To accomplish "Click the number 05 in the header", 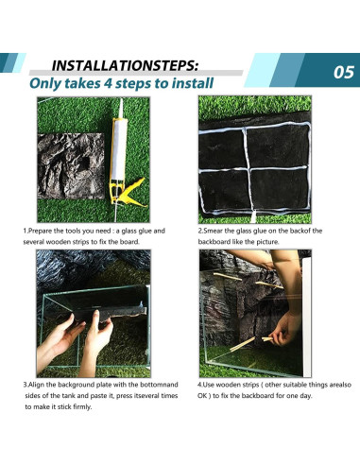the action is pos(344,72).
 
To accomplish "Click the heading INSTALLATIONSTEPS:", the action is pos(126,66).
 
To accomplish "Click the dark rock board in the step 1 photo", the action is pos(71,166).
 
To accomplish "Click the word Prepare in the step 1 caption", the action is pos(41,231).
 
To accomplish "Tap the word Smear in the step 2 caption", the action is pos(212,231).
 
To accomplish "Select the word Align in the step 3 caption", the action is pos(37,385).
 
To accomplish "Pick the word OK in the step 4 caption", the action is pos(202,396).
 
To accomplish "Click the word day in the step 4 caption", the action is pos(306,396).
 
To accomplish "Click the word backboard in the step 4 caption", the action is pos(257,396).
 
